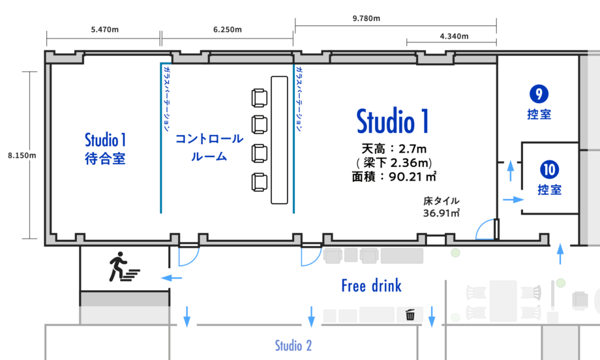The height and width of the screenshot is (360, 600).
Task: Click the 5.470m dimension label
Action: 104,29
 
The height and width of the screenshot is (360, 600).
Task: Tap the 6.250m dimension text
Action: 228,29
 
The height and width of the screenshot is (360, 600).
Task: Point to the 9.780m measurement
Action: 367,18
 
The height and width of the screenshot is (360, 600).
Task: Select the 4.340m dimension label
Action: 454,37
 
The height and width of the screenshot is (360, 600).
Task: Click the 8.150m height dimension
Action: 22,155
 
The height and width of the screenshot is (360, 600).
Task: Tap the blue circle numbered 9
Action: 539,94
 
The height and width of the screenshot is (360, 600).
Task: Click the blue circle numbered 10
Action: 550,170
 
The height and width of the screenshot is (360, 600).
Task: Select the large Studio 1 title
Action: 393,121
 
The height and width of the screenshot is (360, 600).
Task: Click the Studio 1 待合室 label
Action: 105,149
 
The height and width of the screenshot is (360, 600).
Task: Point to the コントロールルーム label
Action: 209,147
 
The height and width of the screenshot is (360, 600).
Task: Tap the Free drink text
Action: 372,286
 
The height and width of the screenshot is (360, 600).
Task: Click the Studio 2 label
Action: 293,346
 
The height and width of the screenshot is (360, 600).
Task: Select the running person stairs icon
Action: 124,267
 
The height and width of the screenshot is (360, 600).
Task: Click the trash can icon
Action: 410,314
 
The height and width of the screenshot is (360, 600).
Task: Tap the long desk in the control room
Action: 279,140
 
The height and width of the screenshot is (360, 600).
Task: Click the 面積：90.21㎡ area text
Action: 394,177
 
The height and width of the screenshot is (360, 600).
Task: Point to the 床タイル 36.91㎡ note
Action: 442,207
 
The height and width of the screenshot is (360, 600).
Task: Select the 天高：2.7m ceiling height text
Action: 394,149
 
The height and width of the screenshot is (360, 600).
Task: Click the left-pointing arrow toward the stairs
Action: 172,278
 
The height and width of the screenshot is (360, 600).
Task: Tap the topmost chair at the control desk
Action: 259,98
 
